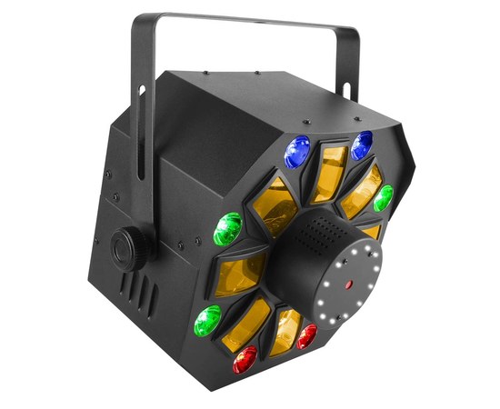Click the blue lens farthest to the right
(362, 142)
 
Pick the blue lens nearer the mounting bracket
(296, 152)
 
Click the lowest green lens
(208, 320)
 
